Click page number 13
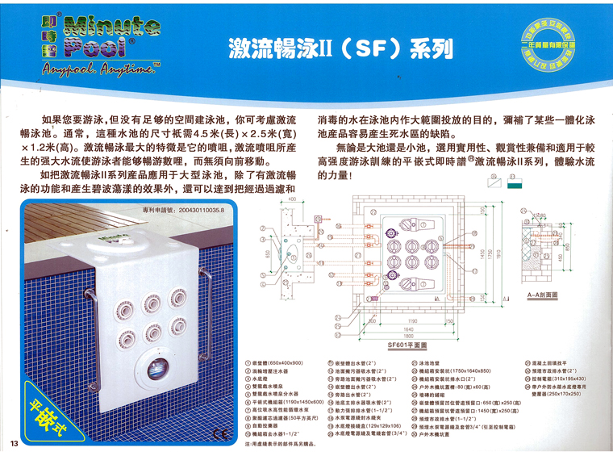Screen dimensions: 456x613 pyautogui.click(x=14, y=445)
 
